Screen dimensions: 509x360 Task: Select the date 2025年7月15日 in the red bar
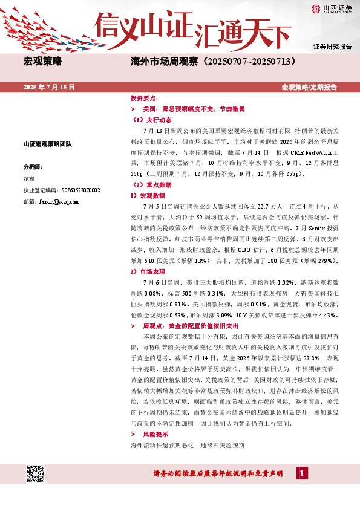tap(49, 88)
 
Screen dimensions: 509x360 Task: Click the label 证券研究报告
tap(332, 46)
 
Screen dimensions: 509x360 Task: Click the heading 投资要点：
tap(145, 98)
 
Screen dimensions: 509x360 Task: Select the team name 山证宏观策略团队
tap(48, 144)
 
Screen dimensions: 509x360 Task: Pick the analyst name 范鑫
tap(29, 179)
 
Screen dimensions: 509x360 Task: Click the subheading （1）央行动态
tap(151, 120)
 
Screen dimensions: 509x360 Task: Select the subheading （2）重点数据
tap(151, 184)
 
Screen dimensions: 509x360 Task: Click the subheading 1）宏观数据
tap(148, 196)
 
